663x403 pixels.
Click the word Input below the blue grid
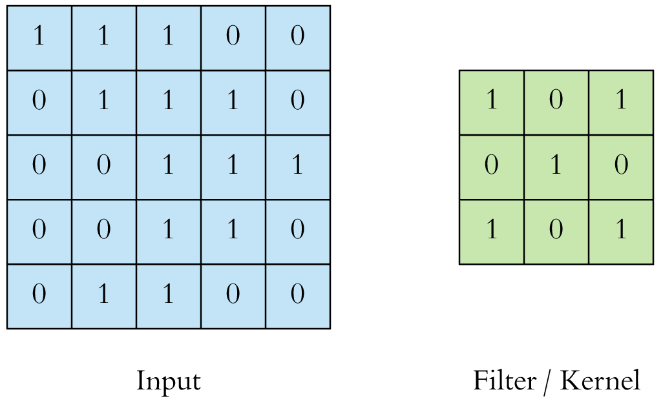[168, 381]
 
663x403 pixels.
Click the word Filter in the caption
[504, 381]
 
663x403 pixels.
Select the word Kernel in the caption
[600, 381]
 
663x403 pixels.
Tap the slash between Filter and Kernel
[547, 381]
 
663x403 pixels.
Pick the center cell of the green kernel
[556, 167]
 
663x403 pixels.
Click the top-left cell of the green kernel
[491, 102]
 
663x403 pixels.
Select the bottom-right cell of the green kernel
[620, 231]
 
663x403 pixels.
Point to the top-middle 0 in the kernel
[556, 102]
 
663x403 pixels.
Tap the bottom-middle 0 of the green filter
[556, 231]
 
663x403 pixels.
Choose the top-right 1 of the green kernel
[620, 102]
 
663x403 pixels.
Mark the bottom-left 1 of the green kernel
[491, 231]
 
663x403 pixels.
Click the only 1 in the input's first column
[39, 37]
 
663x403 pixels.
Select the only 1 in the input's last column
[297, 167]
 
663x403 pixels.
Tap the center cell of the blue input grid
[168, 167]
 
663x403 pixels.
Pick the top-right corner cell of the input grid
[297, 37]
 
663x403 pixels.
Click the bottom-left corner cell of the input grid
[39, 296]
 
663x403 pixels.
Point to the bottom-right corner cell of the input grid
[297, 296]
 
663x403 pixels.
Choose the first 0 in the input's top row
[233, 37]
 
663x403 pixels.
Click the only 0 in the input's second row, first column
[39, 102]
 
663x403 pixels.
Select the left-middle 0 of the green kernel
[491, 167]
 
